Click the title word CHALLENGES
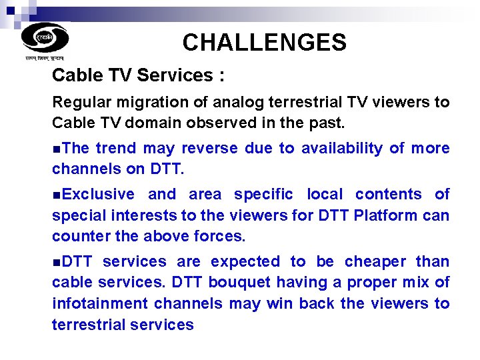[x=264, y=43]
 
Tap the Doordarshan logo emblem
[x=45, y=37]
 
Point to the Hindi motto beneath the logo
[x=45, y=59]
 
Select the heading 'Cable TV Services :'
[x=138, y=75]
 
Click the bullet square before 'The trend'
[x=55, y=149]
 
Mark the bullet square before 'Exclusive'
[x=55, y=195]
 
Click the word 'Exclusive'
[x=97, y=194]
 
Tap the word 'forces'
[x=219, y=236]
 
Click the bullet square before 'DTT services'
[x=55, y=262]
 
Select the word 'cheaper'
[x=374, y=261]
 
